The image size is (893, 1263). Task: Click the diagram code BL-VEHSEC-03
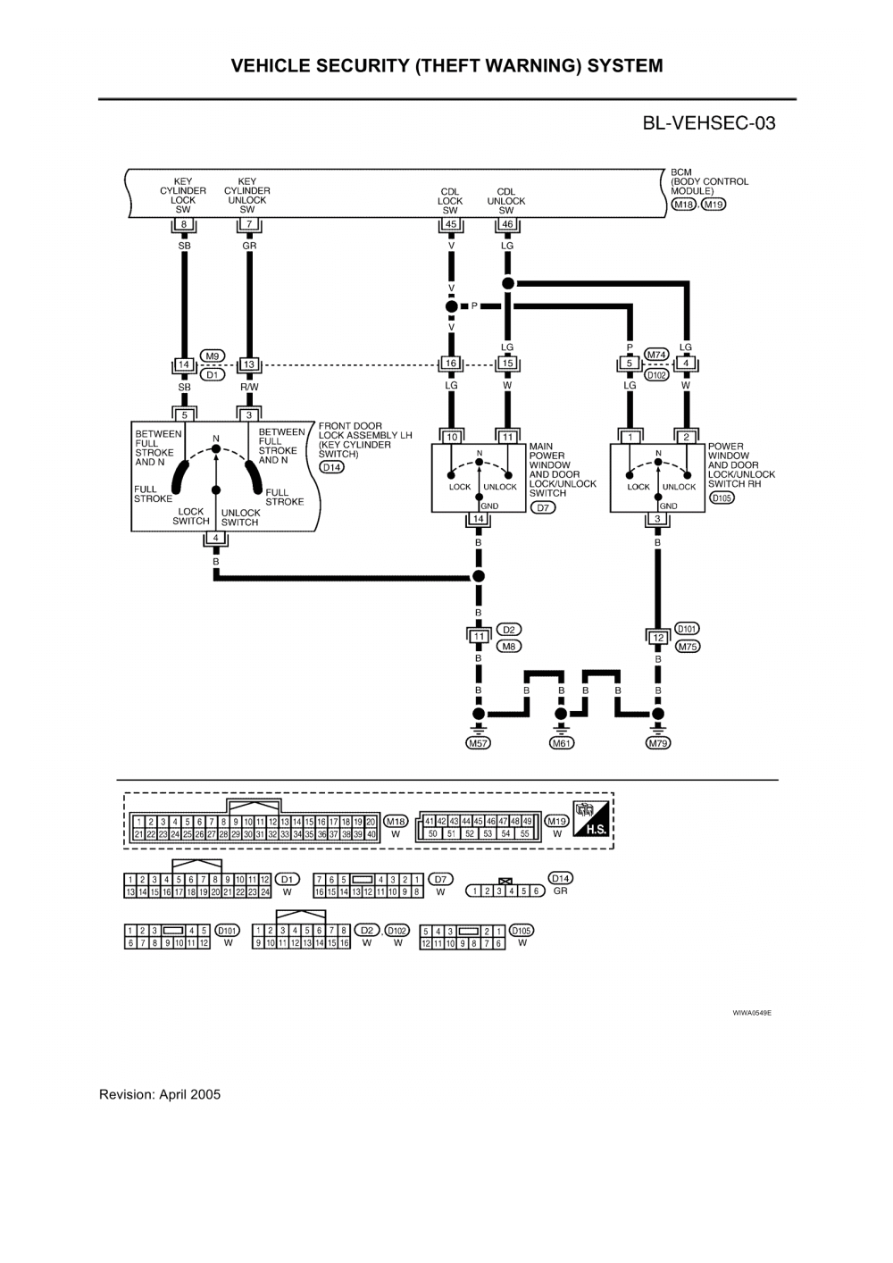click(x=709, y=123)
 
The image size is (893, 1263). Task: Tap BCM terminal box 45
click(x=451, y=224)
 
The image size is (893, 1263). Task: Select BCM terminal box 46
click(x=507, y=224)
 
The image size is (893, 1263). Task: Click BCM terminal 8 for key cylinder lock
click(x=183, y=224)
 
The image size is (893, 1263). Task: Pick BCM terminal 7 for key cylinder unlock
click(x=248, y=224)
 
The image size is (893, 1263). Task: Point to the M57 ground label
click(x=479, y=742)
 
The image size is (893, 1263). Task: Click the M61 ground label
click(x=561, y=742)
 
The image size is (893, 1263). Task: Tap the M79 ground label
click(x=658, y=742)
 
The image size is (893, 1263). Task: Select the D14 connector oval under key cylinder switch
click(x=331, y=467)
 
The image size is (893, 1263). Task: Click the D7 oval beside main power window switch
click(x=542, y=507)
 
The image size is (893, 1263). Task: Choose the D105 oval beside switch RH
click(x=721, y=498)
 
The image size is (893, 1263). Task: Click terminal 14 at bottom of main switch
click(x=478, y=519)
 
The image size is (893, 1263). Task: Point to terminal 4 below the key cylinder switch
click(x=215, y=538)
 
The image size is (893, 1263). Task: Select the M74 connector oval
click(x=657, y=355)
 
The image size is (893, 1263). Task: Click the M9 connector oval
click(x=213, y=355)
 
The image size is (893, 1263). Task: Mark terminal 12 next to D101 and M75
click(x=658, y=637)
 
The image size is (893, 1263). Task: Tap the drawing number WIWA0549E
click(x=751, y=1014)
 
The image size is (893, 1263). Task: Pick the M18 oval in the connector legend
click(x=396, y=821)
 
